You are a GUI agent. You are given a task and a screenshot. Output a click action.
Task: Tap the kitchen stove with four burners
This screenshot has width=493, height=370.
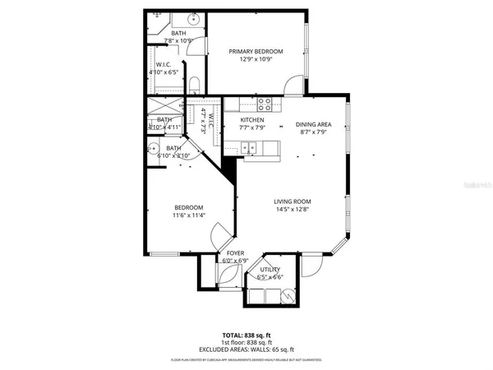tap(265, 104)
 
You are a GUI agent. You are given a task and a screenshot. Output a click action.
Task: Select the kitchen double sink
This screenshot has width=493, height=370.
tap(248, 147)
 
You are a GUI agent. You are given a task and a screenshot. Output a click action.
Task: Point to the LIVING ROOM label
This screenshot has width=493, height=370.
tap(293, 201)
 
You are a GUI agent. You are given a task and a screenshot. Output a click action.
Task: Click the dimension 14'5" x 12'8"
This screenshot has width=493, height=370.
tap(293, 209)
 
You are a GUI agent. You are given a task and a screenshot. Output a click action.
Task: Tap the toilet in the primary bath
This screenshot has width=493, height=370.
tap(195, 85)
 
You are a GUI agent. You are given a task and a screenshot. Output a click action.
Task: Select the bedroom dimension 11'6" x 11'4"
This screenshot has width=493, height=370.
tap(188, 215)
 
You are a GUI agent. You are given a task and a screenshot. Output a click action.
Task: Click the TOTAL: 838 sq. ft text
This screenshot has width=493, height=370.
tap(246, 335)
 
